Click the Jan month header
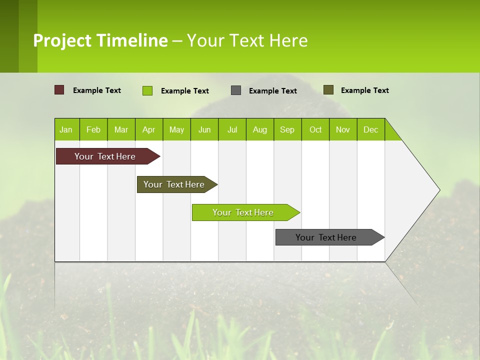(66, 129)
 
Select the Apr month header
(148, 129)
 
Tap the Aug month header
(259, 129)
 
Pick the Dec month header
(370, 129)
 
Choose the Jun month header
(204, 129)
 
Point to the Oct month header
(315, 129)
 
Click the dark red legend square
(59, 90)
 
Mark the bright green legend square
(147, 90)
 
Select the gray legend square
(236, 90)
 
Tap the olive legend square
(328, 90)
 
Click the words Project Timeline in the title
(100, 40)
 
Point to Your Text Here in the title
(247, 40)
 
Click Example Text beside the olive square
(364, 90)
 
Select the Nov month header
(342, 129)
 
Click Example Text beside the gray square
(272, 91)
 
